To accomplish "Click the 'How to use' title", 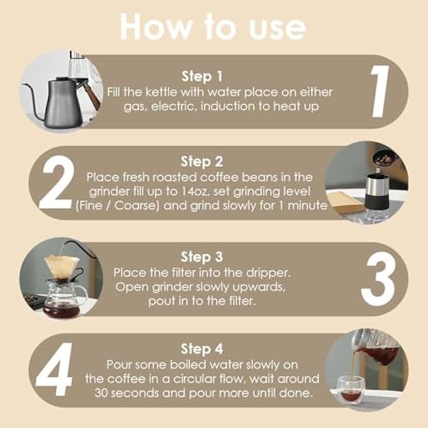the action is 213,26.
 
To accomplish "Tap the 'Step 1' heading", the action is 202,76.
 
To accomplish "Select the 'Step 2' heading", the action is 202,161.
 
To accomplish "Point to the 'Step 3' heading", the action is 202,257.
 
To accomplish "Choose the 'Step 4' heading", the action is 202,349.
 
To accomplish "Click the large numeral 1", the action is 380,92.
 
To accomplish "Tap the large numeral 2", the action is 57,183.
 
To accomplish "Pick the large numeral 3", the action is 378,279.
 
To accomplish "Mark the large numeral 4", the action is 55,369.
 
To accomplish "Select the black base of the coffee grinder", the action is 376,203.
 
